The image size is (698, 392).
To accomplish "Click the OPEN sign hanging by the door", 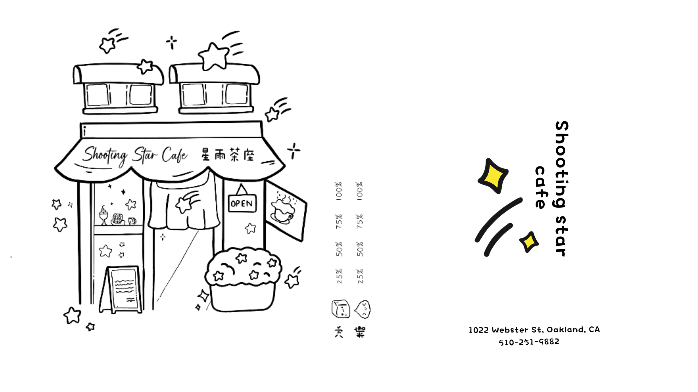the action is point(242,203).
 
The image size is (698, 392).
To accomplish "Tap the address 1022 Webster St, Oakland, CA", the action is point(534,330).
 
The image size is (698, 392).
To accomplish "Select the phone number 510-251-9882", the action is point(529,342).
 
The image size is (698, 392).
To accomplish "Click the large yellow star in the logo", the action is point(493,176).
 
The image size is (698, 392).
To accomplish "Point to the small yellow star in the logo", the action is point(529,242).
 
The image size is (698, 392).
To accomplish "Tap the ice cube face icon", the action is point(341,309).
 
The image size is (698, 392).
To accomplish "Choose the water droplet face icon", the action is point(363,309).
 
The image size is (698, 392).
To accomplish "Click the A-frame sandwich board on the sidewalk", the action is point(121,289).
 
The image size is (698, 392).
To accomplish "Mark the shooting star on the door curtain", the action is point(187,202).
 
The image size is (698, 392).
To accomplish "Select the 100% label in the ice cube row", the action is point(339,191).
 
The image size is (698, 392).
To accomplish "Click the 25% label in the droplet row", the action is point(360,276).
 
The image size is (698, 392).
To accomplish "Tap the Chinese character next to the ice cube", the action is point(339,332).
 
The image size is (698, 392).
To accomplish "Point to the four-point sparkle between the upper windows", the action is point(172,42).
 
